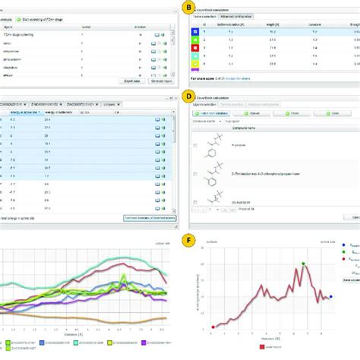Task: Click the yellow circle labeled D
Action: (x=187, y=97)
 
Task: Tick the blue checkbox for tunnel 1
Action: (x=196, y=31)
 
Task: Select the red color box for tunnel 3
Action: (x=196, y=47)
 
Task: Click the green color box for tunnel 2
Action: (x=196, y=39)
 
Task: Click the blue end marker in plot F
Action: (x=330, y=296)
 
